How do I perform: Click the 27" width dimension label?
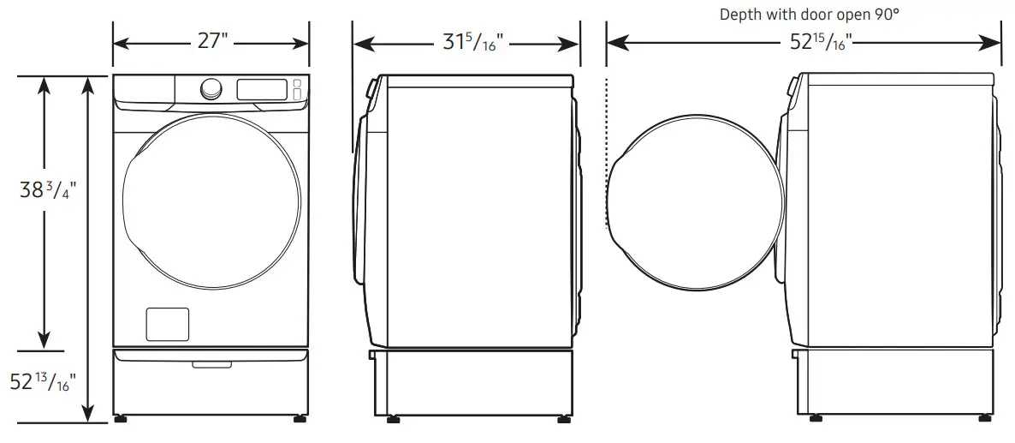[x=211, y=41]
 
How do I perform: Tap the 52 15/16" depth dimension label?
[x=815, y=42]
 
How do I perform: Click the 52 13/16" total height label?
[x=43, y=382]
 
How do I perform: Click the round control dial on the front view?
[x=211, y=88]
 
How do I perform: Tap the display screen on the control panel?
[x=262, y=89]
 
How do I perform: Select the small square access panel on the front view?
[x=168, y=324]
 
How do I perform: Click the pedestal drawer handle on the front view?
[x=211, y=365]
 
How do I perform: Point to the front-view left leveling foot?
[x=119, y=420]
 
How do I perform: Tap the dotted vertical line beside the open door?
[x=607, y=154]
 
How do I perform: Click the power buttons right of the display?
[x=297, y=89]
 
